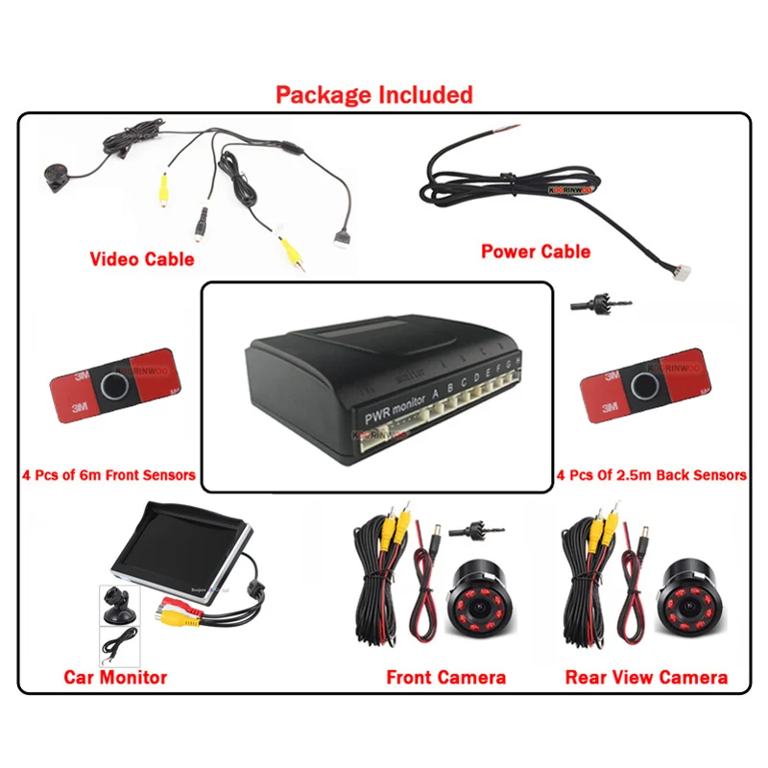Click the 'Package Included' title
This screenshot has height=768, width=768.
374,95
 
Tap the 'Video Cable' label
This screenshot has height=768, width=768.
141,259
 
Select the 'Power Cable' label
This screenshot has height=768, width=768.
536,252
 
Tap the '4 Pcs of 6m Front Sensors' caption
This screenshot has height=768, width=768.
108,474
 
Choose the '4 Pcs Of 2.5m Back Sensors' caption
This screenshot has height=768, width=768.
651,474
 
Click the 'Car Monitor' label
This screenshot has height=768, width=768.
115,677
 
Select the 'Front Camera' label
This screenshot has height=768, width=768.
445,677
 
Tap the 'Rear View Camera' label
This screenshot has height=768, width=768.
646,677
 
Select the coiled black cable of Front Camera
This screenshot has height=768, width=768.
379,586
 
